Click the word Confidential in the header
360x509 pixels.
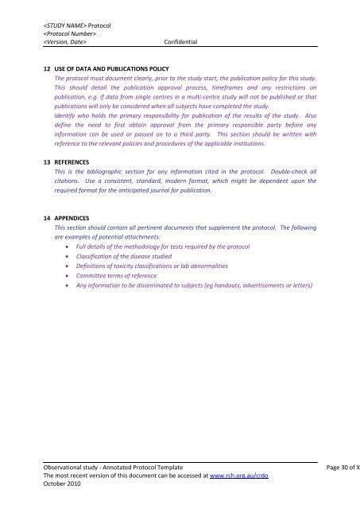[179, 42]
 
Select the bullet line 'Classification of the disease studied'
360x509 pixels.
[126, 260]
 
